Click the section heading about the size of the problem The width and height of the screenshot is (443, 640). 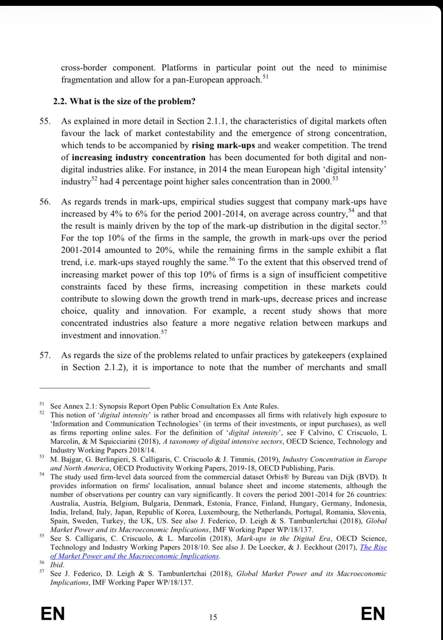[x=124, y=101]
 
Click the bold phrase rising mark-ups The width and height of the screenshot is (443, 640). [x=223, y=145]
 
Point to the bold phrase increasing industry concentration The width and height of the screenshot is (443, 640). [x=139, y=158]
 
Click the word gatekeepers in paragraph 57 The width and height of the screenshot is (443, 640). [x=324, y=355]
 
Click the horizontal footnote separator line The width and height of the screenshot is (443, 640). [x=95, y=388]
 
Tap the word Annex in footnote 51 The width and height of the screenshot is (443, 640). [x=73, y=406]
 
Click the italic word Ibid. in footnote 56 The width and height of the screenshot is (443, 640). [x=57, y=565]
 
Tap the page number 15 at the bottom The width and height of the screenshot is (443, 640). [x=213, y=617]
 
